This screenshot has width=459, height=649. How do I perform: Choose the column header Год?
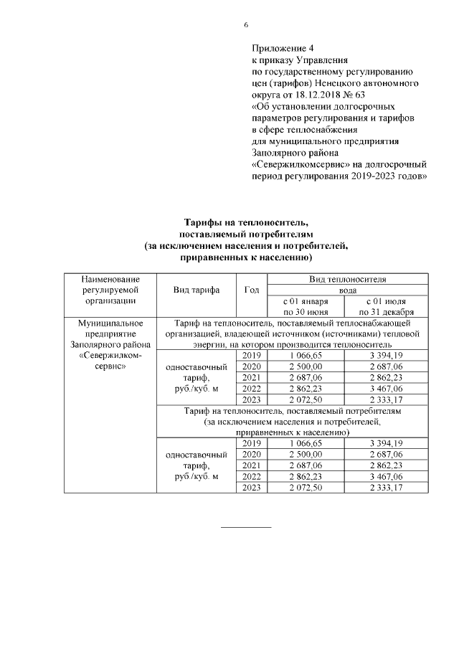coord(251,290)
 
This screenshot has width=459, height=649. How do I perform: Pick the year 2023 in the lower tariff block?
coord(251,488)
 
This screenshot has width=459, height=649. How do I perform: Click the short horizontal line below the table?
coord(246,527)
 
